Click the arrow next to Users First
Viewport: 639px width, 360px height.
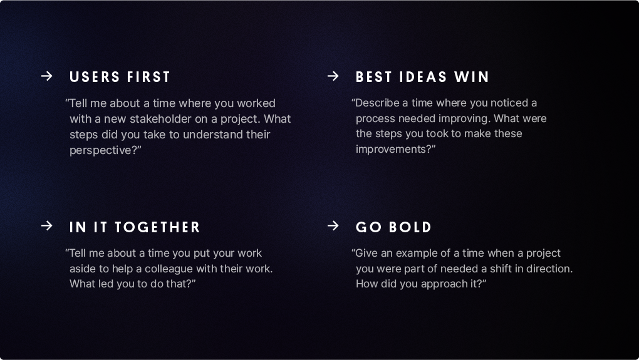tap(47, 76)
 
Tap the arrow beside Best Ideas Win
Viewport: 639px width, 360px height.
tap(333, 76)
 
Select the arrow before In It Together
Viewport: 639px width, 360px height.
tap(47, 225)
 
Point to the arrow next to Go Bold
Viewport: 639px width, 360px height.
tap(333, 225)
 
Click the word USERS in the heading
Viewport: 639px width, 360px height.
tap(95, 77)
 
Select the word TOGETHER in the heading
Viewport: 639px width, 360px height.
tap(157, 227)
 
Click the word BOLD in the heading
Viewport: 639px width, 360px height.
tap(410, 227)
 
